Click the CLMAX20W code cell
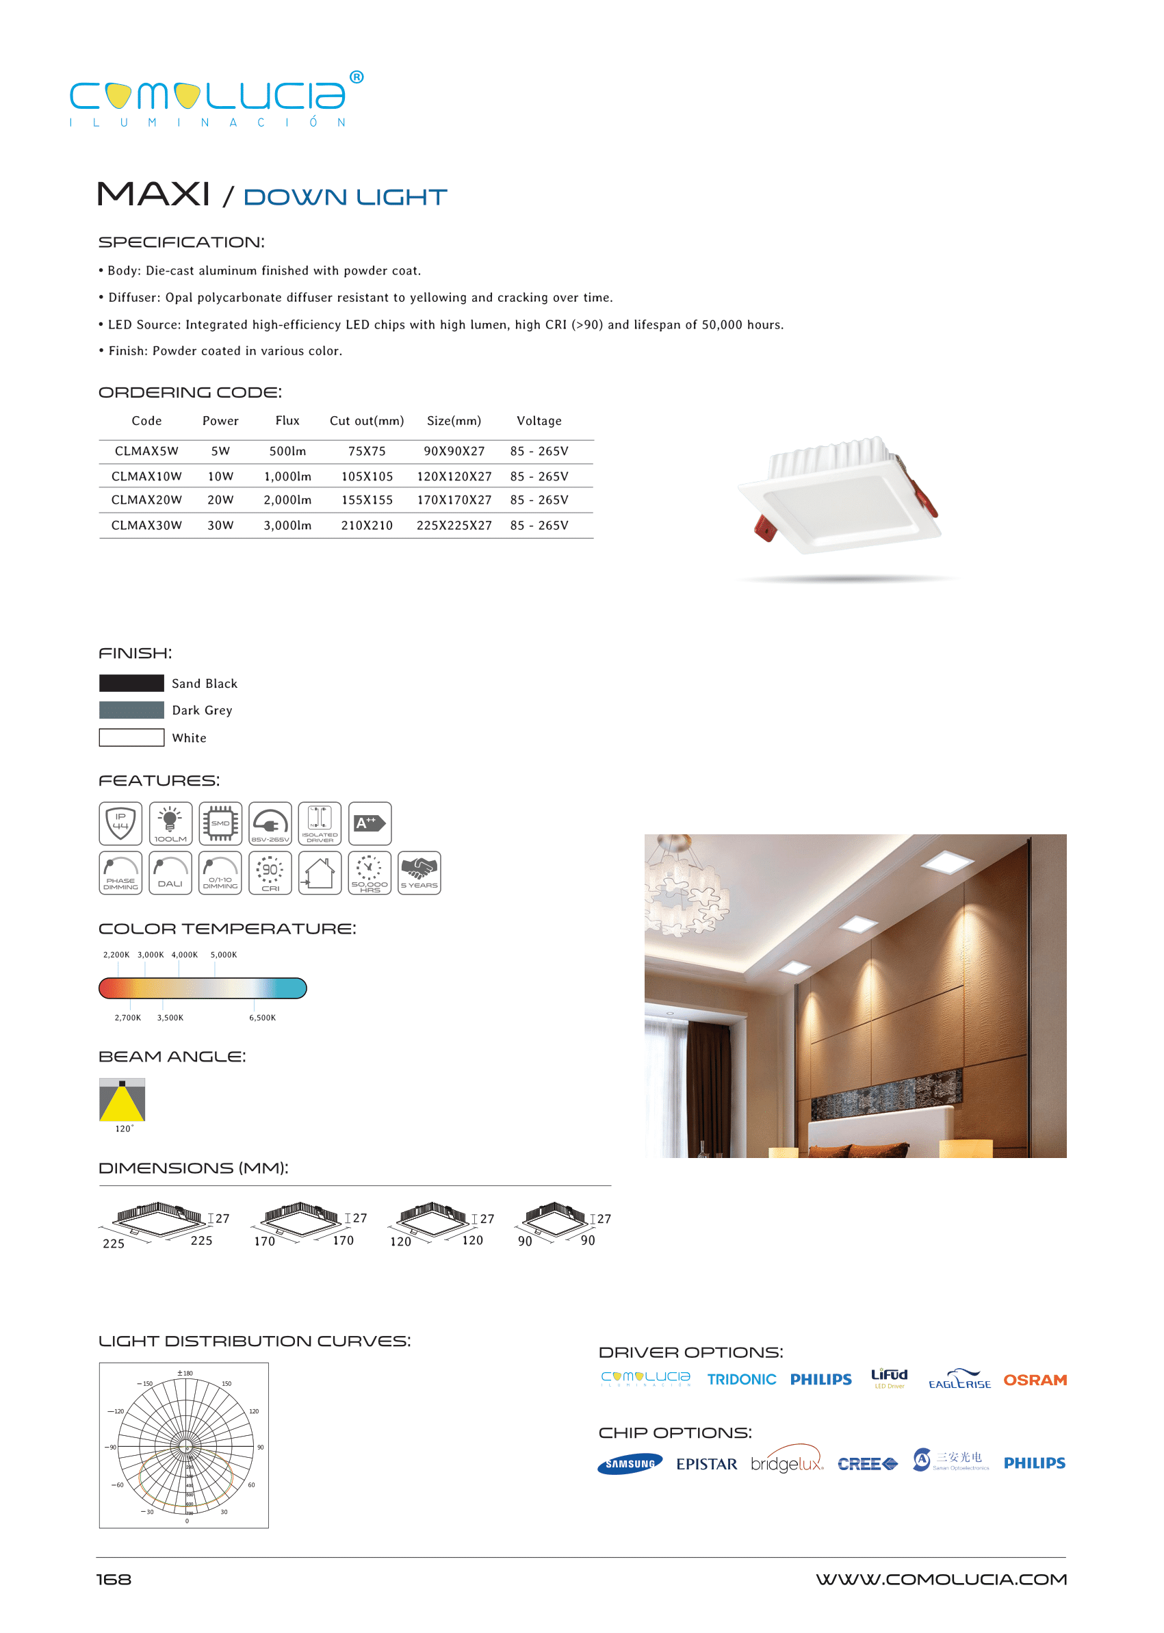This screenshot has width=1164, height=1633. click(x=146, y=500)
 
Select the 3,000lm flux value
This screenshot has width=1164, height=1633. click(x=287, y=526)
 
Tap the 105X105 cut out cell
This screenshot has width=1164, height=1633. click(x=366, y=476)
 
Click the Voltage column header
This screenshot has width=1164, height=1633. click(x=539, y=421)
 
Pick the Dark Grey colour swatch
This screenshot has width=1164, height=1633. click(x=131, y=710)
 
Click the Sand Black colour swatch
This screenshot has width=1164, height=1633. click(x=131, y=683)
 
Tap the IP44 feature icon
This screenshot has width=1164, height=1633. click(x=120, y=823)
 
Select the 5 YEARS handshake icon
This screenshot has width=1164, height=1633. click(x=419, y=873)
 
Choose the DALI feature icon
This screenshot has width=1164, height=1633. click(x=170, y=873)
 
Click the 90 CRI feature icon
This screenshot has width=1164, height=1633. click(x=270, y=873)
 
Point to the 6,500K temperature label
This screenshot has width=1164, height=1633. click(x=262, y=1018)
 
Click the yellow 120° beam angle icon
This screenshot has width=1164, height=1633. click(x=122, y=1100)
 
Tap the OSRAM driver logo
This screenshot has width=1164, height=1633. click(x=1034, y=1380)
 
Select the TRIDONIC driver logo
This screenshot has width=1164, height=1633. click(x=741, y=1380)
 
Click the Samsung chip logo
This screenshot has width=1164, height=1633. click(x=630, y=1464)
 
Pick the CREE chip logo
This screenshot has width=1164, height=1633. click(x=867, y=1464)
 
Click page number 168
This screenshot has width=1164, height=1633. click(x=114, y=1580)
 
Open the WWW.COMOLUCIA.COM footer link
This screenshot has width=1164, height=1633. click(x=940, y=1580)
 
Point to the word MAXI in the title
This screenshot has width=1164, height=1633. click(x=153, y=194)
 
